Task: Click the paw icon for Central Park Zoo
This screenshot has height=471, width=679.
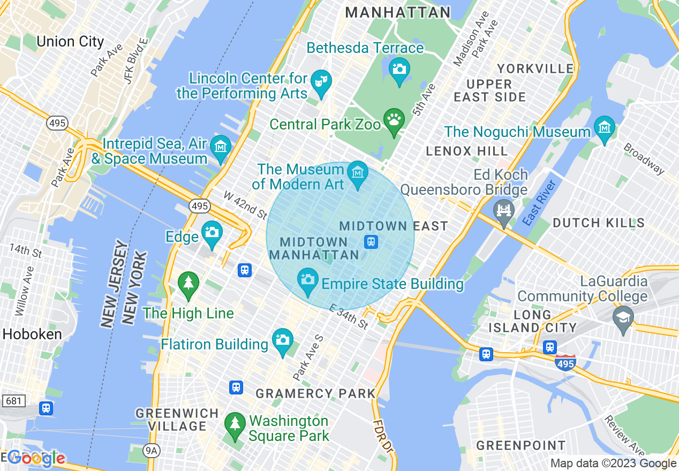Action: coord(395,119)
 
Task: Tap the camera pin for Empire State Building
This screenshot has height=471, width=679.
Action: coord(307,280)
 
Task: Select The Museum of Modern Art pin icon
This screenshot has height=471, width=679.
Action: coord(357,173)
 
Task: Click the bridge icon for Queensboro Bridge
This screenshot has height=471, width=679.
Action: coord(504,210)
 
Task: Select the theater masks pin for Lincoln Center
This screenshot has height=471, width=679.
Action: coord(321,81)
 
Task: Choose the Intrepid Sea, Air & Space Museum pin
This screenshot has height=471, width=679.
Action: coord(220,147)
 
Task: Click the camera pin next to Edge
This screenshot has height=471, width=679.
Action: coord(212,233)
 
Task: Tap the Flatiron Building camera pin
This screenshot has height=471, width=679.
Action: coord(282,340)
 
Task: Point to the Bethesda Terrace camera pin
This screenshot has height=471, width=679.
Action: coord(399,69)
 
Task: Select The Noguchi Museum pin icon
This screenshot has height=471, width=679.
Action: coord(605,127)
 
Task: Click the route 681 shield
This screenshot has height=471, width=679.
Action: coord(11,400)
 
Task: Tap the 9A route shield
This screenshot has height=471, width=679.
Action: coord(152,451)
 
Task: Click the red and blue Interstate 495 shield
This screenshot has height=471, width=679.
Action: coord(565,362)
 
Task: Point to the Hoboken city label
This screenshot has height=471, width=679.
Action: coord(32,334)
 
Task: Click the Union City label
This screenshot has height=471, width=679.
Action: coord(70,42)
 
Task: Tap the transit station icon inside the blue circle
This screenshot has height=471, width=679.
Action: coord(371,242)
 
